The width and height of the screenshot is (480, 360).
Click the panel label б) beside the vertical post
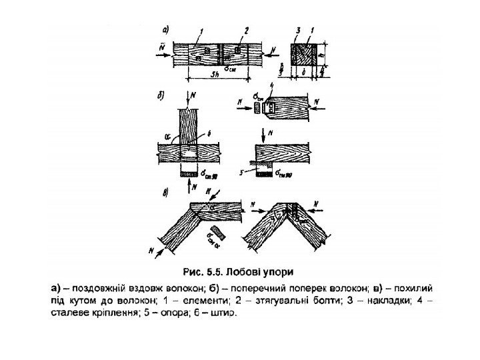[x=161, y=95]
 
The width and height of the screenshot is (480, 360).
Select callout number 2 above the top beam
[x=246, y=31]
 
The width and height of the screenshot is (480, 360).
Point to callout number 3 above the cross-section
[x=299, y=31]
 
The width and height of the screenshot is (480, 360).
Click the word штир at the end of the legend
[x=225, y=312]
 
